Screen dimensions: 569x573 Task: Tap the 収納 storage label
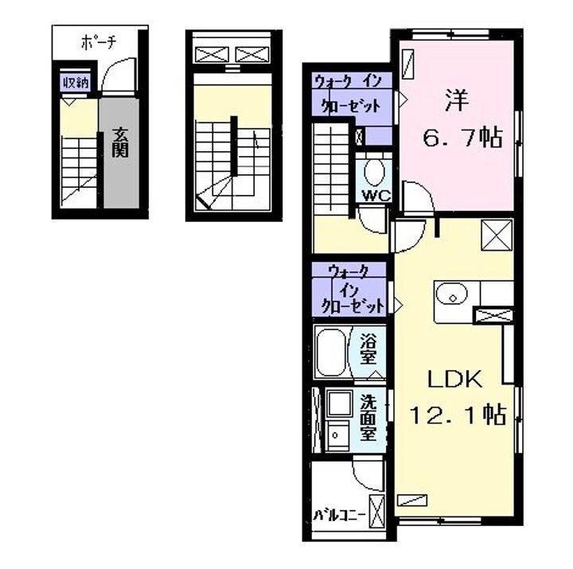(76, 82)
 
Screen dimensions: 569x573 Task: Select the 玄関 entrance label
(119, 143)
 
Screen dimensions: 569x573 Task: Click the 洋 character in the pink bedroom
(454, 103)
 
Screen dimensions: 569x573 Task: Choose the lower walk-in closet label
(351, 290)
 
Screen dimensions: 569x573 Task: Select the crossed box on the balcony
(377, 507)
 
